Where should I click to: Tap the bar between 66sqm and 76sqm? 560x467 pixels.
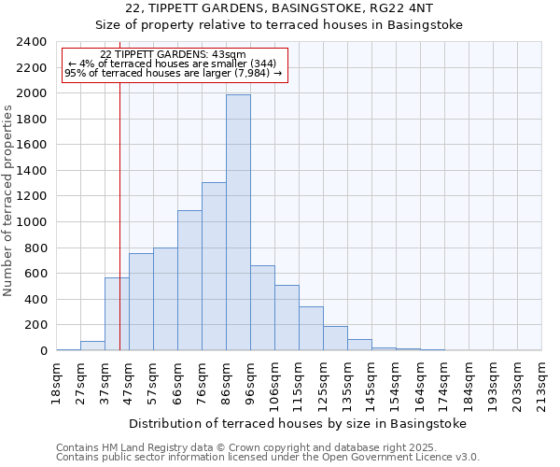(189, 280)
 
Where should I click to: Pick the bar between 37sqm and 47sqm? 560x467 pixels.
(117, 314)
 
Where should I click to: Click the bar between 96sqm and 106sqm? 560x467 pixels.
(262, 308)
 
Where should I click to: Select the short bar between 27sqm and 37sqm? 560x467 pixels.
(92, 346)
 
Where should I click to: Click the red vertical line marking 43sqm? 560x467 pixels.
(120, 233)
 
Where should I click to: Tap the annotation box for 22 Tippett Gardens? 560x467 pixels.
(174, 64)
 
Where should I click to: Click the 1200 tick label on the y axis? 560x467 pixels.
(34, 196)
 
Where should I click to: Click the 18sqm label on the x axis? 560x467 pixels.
(57, 377)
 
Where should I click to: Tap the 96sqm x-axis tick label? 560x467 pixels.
(251, 377)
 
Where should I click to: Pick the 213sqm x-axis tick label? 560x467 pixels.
(542, 380)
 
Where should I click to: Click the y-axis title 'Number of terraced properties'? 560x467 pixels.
(8, 201)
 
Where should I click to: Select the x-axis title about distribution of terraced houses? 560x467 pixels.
(297, 423)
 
